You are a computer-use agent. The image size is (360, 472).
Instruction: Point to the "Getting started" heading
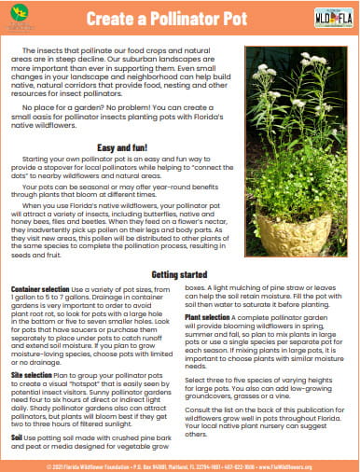point(181,274)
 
